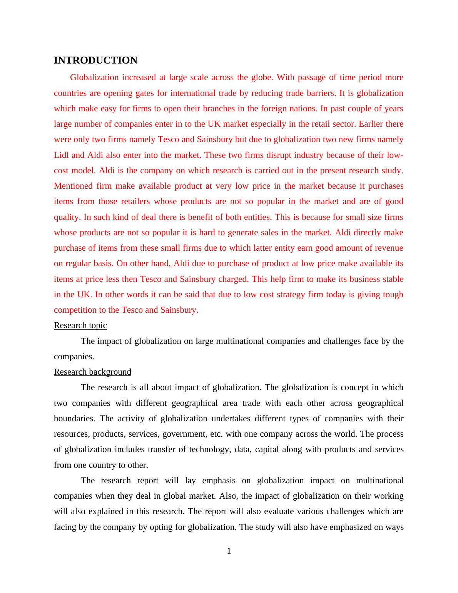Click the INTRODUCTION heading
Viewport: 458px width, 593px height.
point(95,60)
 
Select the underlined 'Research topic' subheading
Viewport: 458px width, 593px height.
point(80,325)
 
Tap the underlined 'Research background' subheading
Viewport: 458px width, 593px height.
point(92,372)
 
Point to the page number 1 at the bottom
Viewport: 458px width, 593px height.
point(229,551)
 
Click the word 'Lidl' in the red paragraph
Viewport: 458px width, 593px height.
point(61,155)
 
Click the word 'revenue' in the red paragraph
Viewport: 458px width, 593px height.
point(388,248)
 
